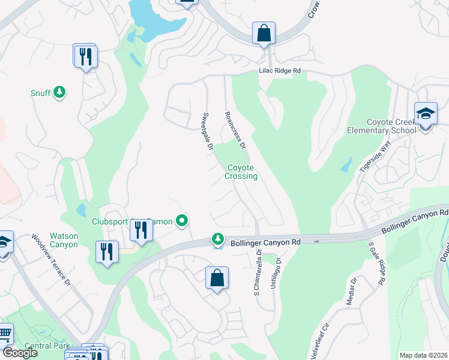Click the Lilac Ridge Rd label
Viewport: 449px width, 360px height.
(279, 71)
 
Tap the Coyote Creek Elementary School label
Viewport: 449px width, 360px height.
(382, 126)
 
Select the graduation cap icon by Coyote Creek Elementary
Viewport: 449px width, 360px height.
(426, 113)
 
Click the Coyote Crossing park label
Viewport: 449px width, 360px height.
(241, 172)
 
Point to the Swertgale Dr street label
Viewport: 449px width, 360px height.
(207, 130)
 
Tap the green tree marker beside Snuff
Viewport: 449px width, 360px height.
(59, 92)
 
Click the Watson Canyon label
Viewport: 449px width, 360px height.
(64, 240)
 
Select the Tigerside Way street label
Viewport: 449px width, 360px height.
(383, 157)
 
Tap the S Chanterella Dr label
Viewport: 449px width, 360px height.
(259, 276)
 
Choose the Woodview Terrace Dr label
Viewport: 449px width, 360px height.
(50, 260)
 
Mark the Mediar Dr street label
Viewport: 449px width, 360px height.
(352, 292)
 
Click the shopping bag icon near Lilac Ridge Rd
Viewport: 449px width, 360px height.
(264, 34)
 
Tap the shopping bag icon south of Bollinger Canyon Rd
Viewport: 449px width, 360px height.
(217, 278)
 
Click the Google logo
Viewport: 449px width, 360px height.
(19, 353)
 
